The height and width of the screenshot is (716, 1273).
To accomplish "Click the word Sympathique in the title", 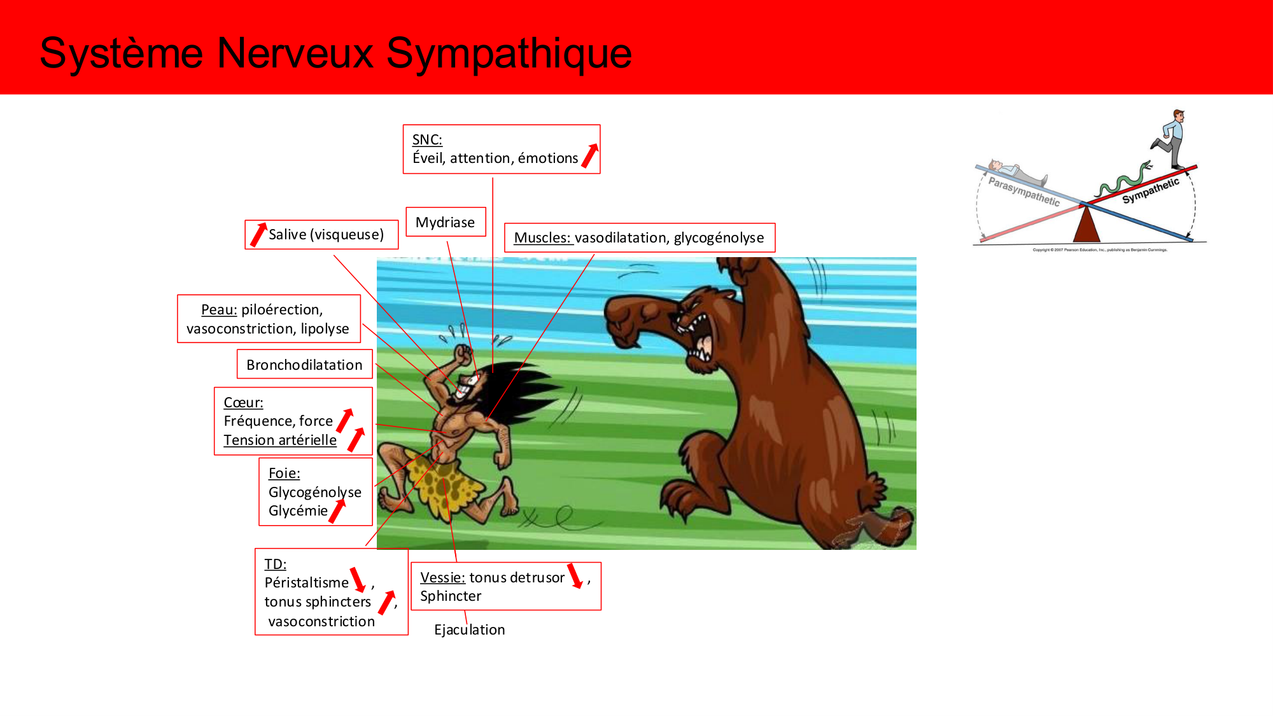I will click(509, 53).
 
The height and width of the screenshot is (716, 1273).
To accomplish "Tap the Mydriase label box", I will click(445, 222).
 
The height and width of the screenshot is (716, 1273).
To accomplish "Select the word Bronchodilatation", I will click(304, 365).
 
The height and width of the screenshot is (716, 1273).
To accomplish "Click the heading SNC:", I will click(427, 139).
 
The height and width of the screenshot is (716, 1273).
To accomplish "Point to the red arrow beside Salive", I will click(258, 234).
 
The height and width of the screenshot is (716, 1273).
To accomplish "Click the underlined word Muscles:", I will click(542, 238).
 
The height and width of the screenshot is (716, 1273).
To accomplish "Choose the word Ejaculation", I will click(469, 629).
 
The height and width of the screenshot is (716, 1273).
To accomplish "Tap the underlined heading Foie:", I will click(284, 474).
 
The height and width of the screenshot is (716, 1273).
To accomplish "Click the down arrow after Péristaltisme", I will click(358, 579).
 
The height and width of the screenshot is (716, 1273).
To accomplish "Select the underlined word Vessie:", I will click(442, 577).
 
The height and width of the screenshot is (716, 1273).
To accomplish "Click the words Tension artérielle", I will click(280, 440).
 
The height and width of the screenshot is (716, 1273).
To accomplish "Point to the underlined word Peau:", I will click(219, 310).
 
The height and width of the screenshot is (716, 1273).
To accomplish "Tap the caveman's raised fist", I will click(463, 353).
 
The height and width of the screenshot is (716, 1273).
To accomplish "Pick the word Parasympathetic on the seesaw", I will click(1023, 192).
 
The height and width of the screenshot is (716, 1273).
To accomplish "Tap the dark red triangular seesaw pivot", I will click(1087, 225).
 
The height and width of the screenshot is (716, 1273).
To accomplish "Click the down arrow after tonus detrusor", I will click(575, 575).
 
